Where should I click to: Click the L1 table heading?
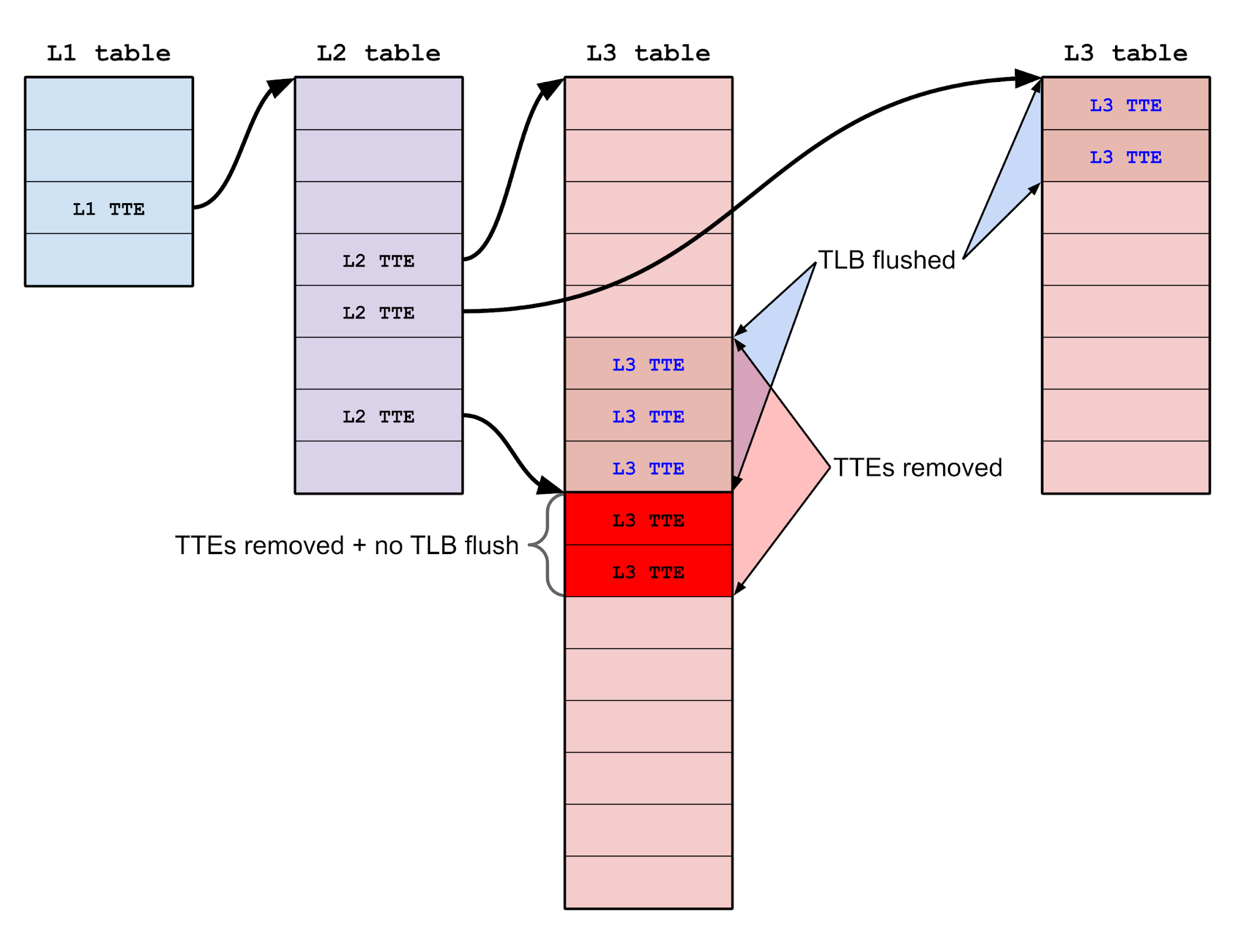click(x=109, y=53)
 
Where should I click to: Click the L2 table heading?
click(x=378, y=53)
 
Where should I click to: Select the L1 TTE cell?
click(x=109, y=208)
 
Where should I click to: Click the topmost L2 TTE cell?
click(x=378, y=260)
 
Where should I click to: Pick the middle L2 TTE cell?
click(x=378, y=312)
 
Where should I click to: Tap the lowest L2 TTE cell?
click(x=378, y=415)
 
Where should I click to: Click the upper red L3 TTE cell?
click(x=648, y=519)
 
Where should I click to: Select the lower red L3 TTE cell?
click(x=648, y=571)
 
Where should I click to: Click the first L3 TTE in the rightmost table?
click(x=1125, y=104)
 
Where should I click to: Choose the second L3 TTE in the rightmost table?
click(x=1125, y=156)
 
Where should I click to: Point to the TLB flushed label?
click(x=886, y=260)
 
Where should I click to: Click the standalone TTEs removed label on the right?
click(x=917, y=467)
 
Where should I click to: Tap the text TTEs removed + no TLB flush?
click(x=347, y=545)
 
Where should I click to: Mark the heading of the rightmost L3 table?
click(x=1125, y=53)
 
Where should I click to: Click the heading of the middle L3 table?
click(x=648, y=53)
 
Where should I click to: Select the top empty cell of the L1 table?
click(x=109, y=103)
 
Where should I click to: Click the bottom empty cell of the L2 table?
click(x=378, y=467)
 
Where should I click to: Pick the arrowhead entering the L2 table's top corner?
click(x=280, y=87)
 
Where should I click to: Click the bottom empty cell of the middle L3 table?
click(x=648, y=882)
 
